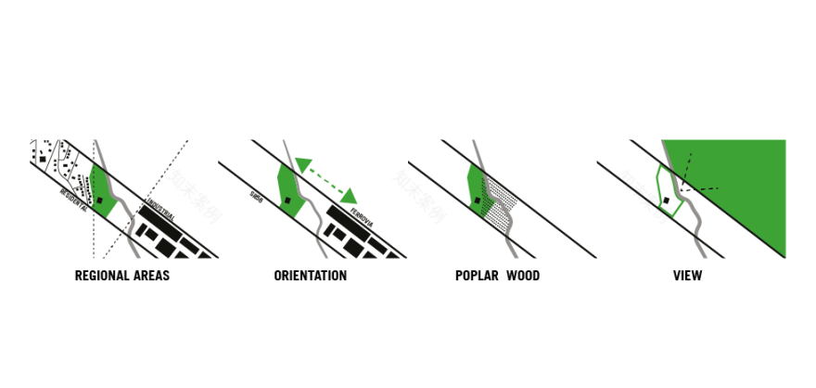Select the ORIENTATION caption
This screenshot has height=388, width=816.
[310, 276]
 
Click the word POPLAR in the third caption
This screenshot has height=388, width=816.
[476, 276]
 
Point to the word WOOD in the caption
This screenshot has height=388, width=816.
[523, 276]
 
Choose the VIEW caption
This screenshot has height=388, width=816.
[688, 276]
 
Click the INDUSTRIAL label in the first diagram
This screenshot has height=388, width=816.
[159, 211]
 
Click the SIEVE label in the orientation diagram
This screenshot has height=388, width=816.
[257, 196]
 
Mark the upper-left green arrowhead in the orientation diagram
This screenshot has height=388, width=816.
[303, 165]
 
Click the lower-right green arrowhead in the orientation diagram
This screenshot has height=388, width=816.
[349, 196]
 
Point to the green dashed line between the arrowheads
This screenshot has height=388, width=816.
[325, 180]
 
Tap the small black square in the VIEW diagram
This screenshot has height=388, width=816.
[666, 200]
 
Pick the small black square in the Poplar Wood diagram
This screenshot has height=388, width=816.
[478, 200]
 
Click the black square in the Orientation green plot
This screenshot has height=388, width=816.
[287, 200]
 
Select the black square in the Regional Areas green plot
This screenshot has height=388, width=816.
[99, 200]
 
